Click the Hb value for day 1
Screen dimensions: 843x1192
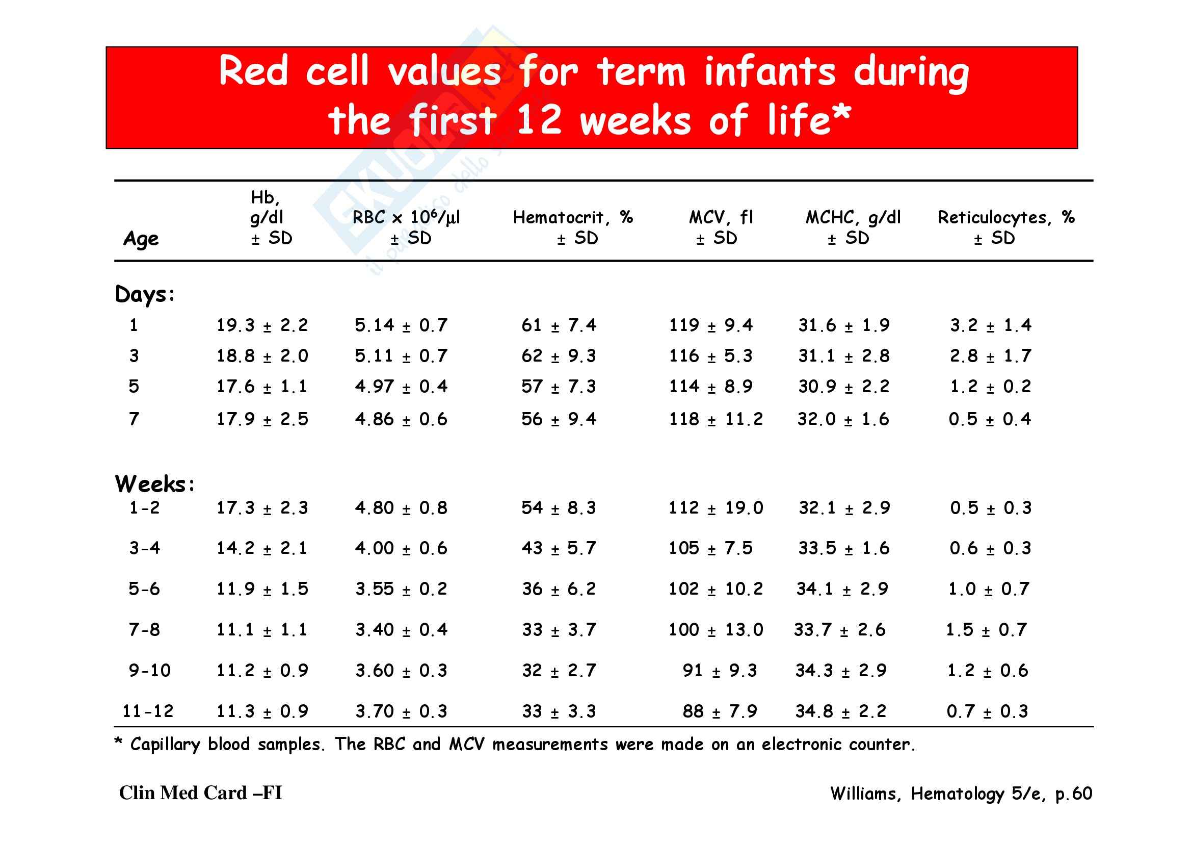262,326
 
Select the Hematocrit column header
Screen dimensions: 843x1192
573,227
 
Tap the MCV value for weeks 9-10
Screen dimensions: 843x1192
720,671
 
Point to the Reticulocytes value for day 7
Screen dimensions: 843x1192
990,419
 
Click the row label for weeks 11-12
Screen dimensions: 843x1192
148,711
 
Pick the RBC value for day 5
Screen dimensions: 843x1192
401,387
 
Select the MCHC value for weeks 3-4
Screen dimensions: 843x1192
843,548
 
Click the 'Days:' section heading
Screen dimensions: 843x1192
145,294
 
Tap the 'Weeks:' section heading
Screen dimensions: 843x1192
155,484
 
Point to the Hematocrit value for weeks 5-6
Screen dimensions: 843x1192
559,589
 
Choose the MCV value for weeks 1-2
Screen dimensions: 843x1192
716,508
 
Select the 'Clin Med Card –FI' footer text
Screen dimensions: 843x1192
200,793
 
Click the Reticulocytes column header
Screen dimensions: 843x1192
1005,227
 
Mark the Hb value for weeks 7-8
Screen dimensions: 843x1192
262,630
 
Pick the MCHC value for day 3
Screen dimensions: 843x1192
843,356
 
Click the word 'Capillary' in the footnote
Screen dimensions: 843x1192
165,745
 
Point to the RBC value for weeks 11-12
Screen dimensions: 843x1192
401,711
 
